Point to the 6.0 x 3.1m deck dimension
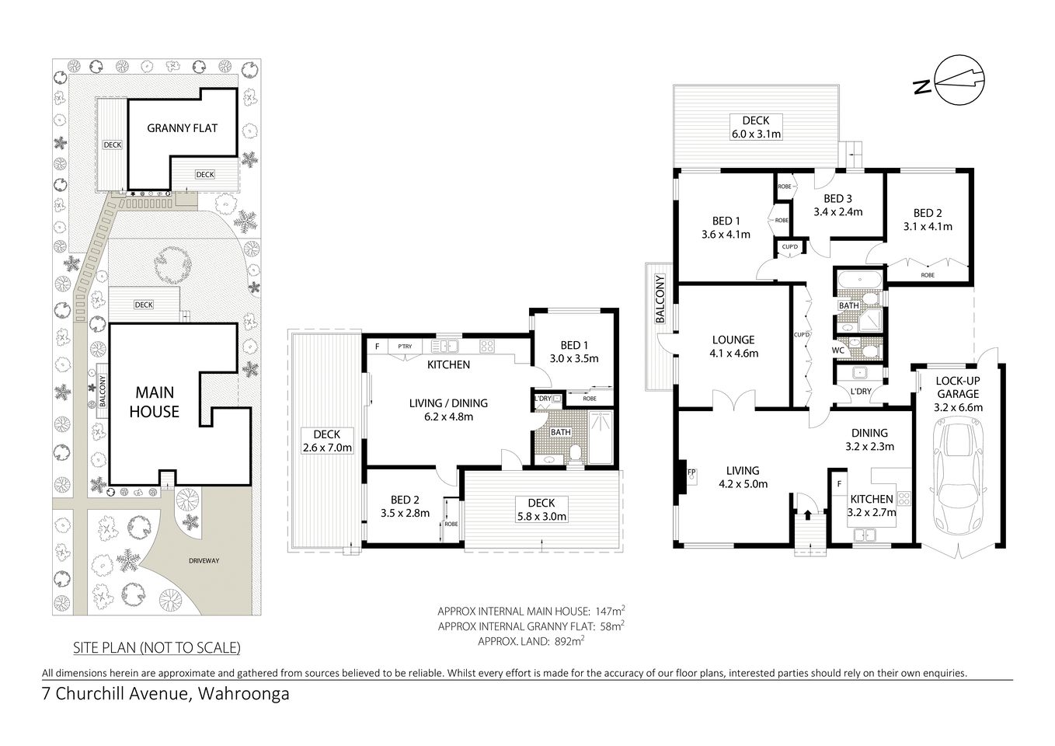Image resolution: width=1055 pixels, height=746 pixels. tap(755, 134)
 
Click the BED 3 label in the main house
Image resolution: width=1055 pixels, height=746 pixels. tap(837, 198)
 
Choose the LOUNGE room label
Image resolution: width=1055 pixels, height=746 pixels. tap(733, 340)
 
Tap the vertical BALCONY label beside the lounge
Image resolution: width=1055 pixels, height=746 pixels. tap(660, 299)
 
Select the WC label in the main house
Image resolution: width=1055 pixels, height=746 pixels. tap(838, 350)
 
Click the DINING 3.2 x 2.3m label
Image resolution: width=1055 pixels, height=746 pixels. tap(869, 440)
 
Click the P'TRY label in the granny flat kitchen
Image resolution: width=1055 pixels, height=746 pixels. tap(404, 347)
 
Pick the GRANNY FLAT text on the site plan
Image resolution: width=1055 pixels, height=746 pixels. tap(183, 128)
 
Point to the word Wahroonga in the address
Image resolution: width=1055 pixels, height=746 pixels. tap(244, 694)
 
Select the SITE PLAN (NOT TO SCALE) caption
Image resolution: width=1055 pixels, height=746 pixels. tap(156, 647)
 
